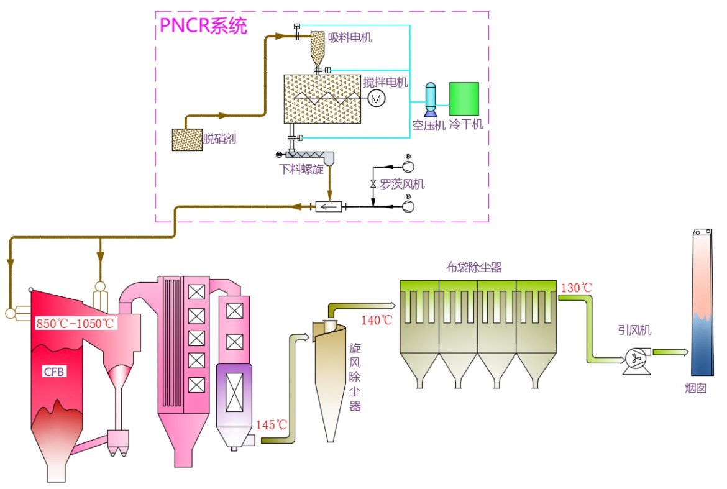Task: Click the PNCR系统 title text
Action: (x=203, y=25)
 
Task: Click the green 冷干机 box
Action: (x=464, y=98)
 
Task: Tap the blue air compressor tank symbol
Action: (x=430, y=99)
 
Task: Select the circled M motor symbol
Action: (x=377, y=98)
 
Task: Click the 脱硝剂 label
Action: (x=219, y=139)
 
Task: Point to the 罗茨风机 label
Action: (x=402, y=184)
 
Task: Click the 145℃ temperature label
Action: (x=272, y=425)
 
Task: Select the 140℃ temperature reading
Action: (x=377, y=320)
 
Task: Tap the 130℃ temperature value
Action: (x=576, y=288)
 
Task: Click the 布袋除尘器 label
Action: (x=473, y=268)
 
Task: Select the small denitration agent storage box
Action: (x=187, y=139)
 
